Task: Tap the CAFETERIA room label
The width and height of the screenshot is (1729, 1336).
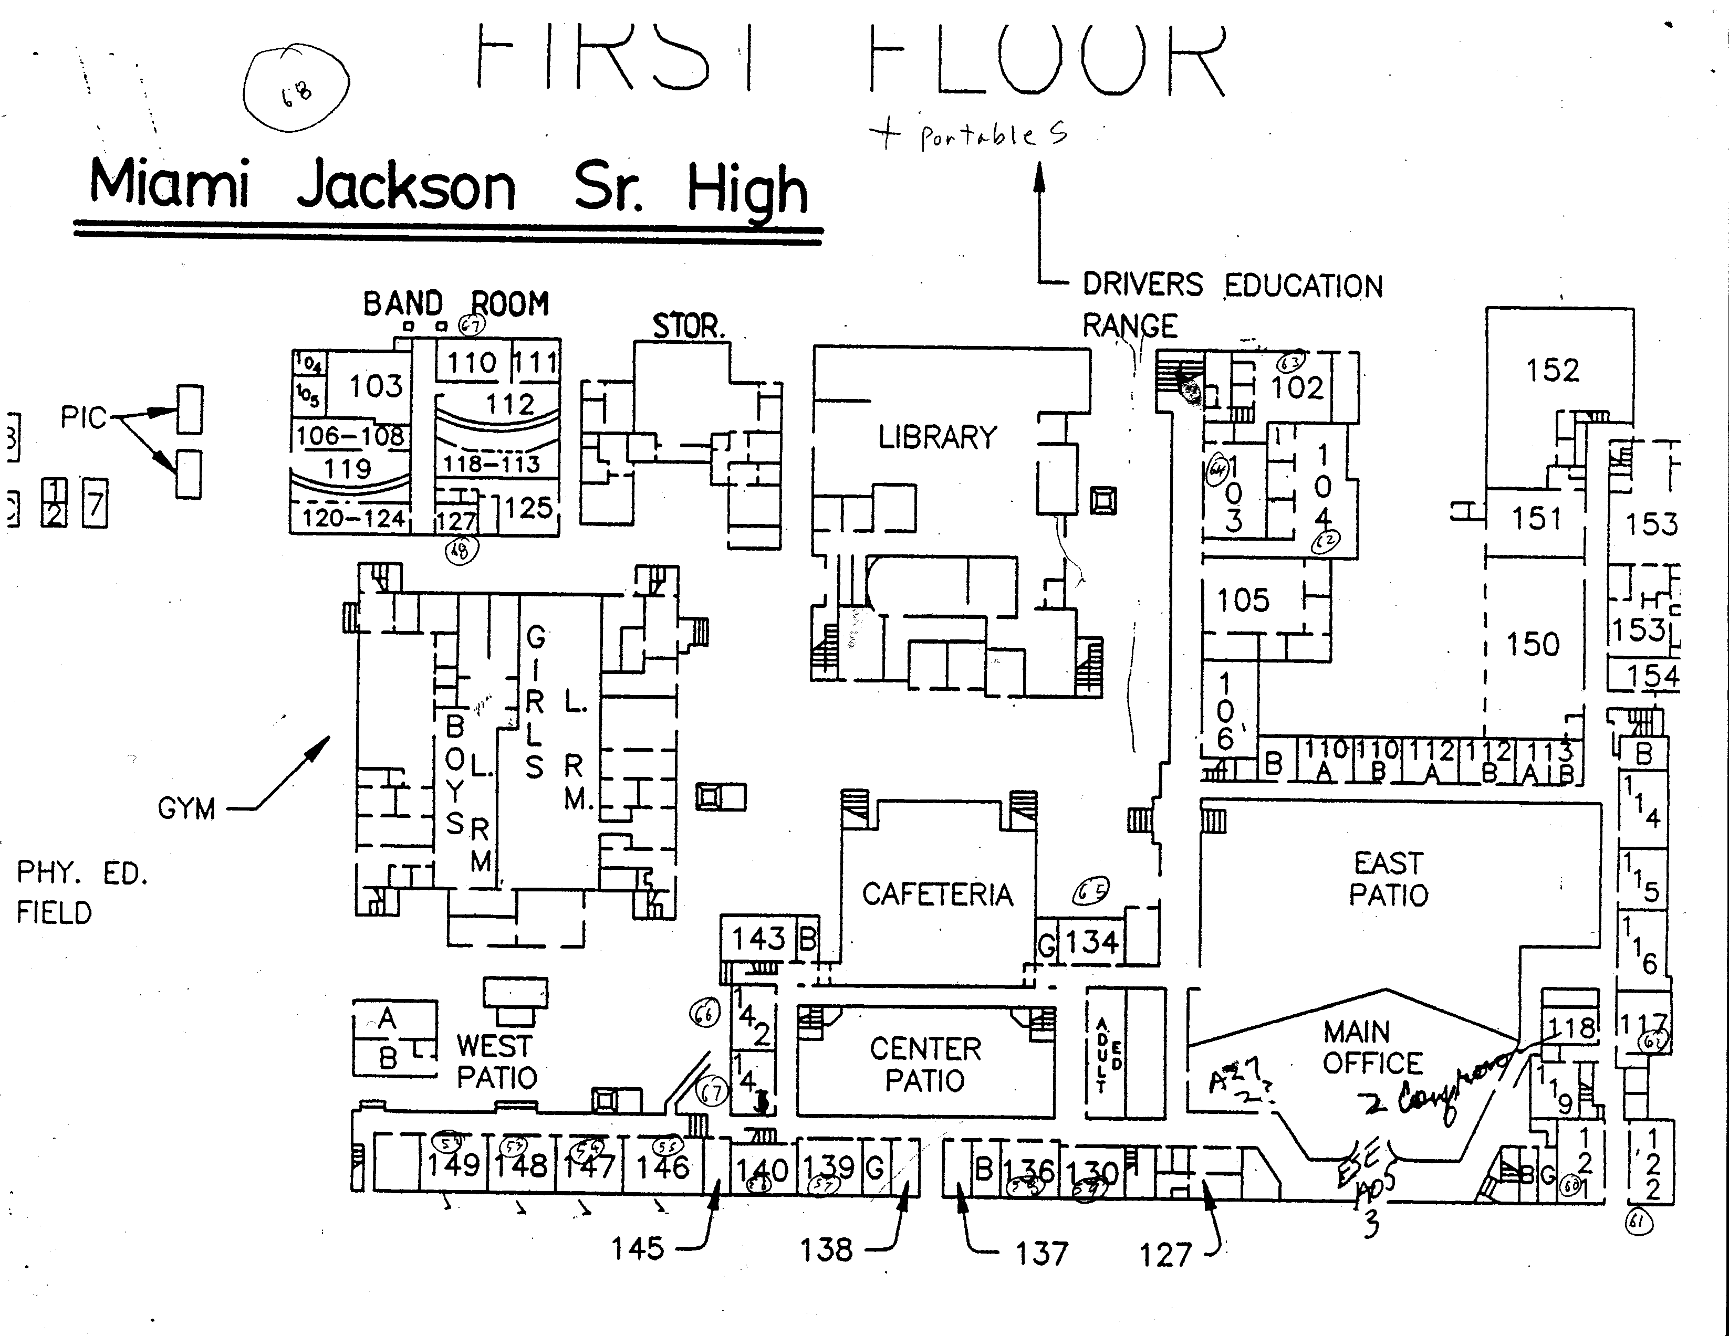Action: point(938,895)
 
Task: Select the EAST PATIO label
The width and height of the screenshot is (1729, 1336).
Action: point(1389,879)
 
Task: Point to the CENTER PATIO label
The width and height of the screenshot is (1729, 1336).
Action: point(925,1065)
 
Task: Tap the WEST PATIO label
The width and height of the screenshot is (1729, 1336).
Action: point(496,1061)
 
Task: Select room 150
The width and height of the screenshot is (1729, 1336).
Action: point(1533,644)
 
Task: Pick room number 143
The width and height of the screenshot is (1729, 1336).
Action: point(758,939)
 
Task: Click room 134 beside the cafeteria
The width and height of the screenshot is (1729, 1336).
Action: point(1092,942)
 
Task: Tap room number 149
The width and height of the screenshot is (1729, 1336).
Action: point(454,1164)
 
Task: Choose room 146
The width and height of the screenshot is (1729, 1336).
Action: point(663,1166)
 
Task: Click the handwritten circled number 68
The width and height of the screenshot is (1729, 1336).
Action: point(296,92)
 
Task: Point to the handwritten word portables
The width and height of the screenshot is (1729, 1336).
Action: point(994,136)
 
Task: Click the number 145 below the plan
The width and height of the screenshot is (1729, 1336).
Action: point(637,1249)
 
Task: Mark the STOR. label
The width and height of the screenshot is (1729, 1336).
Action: point(688,326)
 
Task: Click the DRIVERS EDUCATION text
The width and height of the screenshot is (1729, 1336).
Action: point(1232,285)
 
